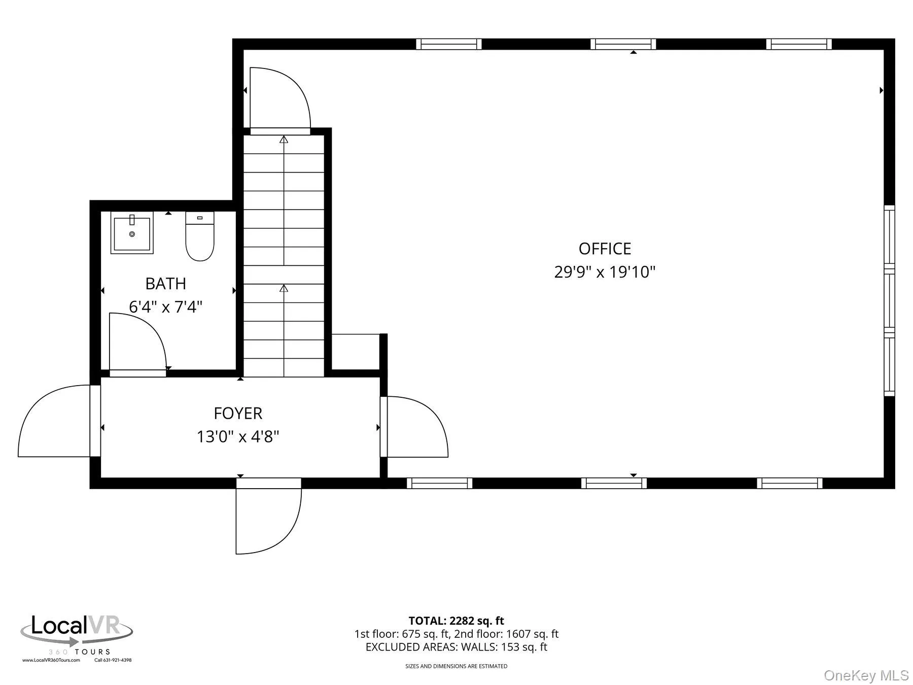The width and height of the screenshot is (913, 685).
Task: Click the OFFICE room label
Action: (605, 249)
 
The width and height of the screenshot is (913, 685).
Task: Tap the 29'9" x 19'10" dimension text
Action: (605, 272)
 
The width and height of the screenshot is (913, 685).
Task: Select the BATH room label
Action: (165, 284)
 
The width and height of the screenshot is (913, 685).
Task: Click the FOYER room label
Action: (238, 414)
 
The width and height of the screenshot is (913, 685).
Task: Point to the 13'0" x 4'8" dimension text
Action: (238, 437)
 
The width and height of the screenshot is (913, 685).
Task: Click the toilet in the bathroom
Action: (200, 236)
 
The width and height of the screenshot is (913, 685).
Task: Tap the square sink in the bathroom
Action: (132, 234)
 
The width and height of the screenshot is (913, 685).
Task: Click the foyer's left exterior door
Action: (56, 421)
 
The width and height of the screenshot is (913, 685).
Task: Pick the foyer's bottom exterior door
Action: (269, 518)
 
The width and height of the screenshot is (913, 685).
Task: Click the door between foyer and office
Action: (413, 426)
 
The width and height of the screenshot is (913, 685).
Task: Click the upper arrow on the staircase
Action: (284, 140)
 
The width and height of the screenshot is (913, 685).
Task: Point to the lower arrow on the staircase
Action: (284, 288)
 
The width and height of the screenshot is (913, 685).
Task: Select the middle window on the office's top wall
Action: (623, 44)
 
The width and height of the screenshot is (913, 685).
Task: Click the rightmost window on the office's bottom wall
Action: (789, 483)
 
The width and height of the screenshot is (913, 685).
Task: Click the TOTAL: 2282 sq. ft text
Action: (456, 621)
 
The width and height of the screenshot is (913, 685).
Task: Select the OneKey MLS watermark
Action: (866, 675)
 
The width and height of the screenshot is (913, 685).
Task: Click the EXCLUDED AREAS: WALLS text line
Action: (456, 647)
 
